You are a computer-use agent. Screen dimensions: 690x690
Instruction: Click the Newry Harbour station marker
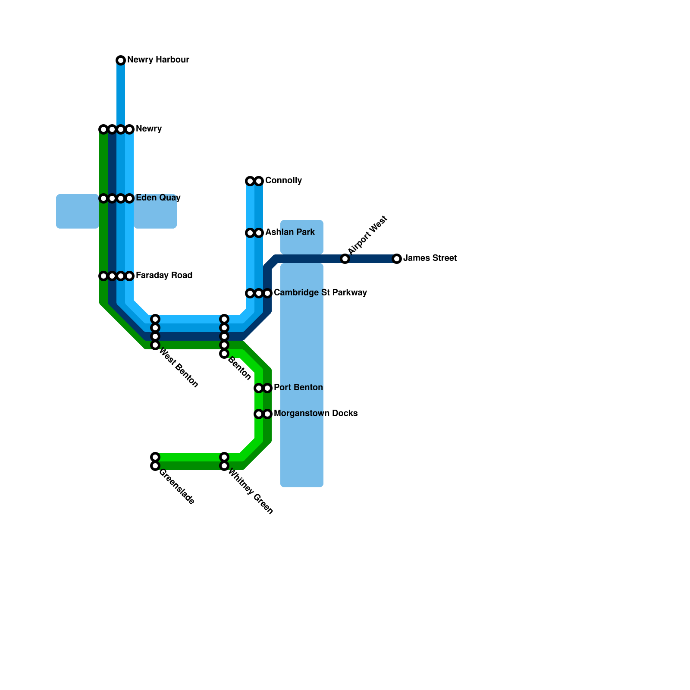[x=121, y=60]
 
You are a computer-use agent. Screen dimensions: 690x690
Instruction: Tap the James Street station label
[x=430, y=258]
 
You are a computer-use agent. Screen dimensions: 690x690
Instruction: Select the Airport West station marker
[x=345, y=259]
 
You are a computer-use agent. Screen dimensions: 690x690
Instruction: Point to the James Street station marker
[x=397, y=259]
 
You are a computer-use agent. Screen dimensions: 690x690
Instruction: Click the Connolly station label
[x=283, y=181]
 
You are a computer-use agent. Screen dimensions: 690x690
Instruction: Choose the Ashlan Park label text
[x=290, y=232]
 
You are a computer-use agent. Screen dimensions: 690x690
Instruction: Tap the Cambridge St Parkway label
[x=320, y=293]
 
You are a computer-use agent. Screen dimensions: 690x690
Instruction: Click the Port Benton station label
[x=298, y=388]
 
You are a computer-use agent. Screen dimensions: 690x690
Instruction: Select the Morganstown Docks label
[x=316, y=414]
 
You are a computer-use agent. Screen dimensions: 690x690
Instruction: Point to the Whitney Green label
[x=250, y=492]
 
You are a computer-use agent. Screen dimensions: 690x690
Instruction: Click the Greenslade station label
[x=176, y=487]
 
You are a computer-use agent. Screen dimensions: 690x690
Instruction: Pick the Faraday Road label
[x=164, y=276]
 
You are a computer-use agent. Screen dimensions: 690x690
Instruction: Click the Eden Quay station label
[x=158, y=198]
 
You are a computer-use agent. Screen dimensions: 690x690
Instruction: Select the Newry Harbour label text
[x=158, y=60]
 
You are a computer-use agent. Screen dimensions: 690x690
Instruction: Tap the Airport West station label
[x=367, y=235]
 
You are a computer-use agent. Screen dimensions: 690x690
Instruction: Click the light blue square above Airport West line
[x=302, y=237]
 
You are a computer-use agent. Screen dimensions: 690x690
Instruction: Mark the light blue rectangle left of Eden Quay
[x=78, y=211]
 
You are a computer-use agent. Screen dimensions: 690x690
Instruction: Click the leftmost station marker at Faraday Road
[x=103, y=276]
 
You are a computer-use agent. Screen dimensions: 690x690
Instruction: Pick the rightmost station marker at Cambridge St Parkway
[x=267, y=293]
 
